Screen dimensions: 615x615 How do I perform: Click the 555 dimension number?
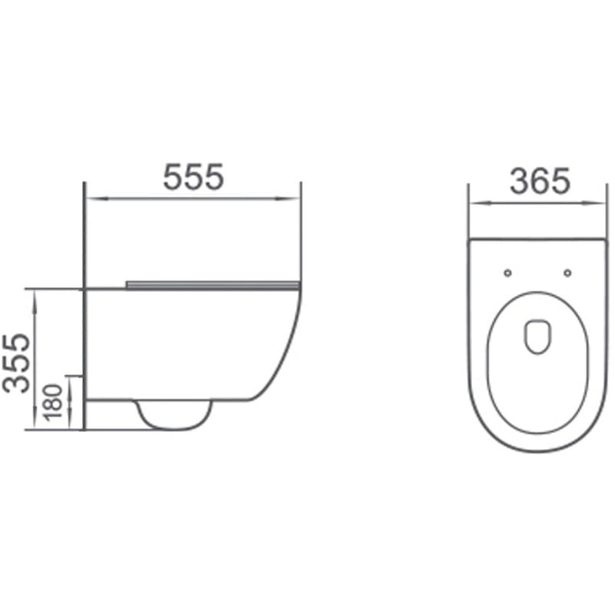193,178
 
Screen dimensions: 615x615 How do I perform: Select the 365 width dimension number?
540,181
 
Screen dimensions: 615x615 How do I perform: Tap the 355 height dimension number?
17,362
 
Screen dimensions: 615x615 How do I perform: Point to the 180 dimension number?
55,402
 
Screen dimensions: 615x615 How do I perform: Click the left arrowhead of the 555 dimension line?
89,198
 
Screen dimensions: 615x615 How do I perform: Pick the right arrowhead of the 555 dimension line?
296,198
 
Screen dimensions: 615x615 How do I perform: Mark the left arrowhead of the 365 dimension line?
474,204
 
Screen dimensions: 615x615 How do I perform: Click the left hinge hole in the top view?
507,273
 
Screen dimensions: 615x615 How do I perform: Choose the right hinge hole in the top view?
567,273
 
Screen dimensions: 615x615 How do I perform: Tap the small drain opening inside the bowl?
537,337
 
